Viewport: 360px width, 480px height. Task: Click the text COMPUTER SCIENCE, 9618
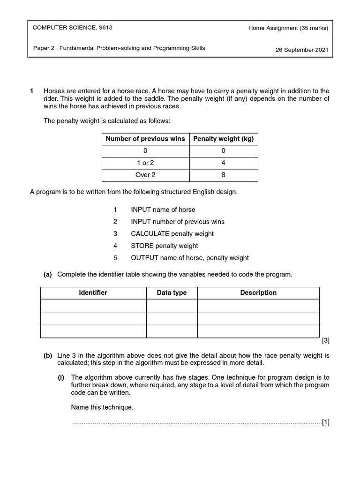coord(72,28)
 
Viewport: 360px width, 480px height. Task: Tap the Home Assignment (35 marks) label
coord(288,28)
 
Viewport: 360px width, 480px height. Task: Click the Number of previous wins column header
coord(145,139)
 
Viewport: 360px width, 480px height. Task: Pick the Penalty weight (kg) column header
coord(223,139)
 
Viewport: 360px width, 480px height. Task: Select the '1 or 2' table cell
coord(145,163)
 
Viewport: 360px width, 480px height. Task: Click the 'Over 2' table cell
coord(145,175)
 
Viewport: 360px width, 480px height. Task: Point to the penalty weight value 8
coord(223,175)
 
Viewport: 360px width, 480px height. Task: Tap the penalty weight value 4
coord(223,163)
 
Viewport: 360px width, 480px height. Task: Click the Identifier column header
coord(93,292)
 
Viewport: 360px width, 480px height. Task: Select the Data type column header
coord(172,292)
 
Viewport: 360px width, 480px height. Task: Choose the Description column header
coord(258,292)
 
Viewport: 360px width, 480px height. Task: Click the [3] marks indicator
coord(326,341)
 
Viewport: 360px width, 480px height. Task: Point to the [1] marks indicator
coord(326,422)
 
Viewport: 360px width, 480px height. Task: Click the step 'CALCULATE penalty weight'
coord(172,234)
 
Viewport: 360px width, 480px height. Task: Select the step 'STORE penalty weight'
coord(164,246)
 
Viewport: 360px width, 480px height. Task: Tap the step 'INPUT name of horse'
coord(163,210)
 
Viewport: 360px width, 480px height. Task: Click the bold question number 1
coord(31,91)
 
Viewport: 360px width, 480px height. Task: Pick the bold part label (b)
coord(48,356)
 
